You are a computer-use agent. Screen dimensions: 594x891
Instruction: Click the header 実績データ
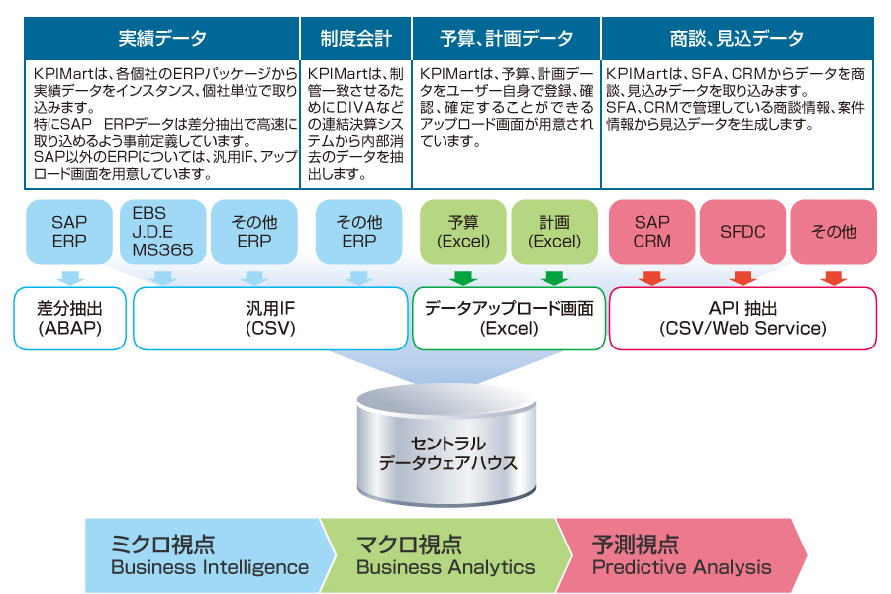(x=161, y=39)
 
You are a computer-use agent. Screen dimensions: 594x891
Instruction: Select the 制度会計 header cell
(x=355, y=39)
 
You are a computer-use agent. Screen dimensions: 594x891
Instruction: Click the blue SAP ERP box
(x=69, y=232)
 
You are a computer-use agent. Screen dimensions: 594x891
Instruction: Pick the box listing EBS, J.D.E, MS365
(x=161, y=232)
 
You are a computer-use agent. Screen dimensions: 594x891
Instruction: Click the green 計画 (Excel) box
(x=554, y=232)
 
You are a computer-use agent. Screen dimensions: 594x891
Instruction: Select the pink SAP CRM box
(x=652, y=232)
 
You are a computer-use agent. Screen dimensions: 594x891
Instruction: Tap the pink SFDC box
(x=742, y=232)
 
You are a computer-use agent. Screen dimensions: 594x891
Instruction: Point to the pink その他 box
(x=834, y=232)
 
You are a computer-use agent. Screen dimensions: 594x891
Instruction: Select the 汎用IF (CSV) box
(x=269, y=318)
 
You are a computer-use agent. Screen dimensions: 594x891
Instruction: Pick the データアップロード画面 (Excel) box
(x=509, y=318)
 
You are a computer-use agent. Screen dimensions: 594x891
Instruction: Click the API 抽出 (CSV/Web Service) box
(x=742, y=318)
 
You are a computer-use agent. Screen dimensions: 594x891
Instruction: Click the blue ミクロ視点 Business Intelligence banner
(x=208, y=555)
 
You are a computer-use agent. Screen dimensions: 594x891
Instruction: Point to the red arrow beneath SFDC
(x=742, y=277)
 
